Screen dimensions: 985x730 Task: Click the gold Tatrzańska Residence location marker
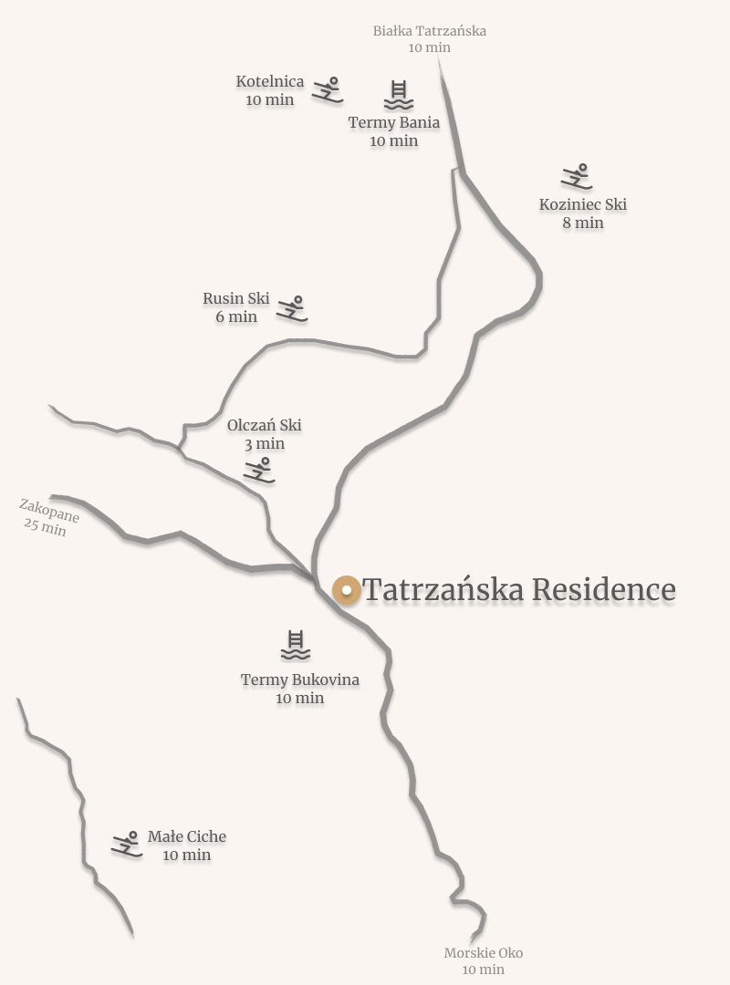(x=347, y=590)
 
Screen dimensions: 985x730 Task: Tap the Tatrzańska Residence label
(x=518, y=590)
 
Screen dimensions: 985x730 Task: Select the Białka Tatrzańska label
(x=429, y=31)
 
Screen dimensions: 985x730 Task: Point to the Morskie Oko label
(x=483, y=953)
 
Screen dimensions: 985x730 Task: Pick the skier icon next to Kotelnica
(x=328, y=89)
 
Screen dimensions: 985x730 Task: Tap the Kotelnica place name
(x=270, y=82)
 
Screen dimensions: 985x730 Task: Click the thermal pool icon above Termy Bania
(x=398, y=95)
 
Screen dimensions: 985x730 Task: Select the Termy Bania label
(x=394, y=123)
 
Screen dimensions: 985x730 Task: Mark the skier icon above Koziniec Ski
(x=577, y=176)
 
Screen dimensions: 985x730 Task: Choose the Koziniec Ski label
(x=583, y=204)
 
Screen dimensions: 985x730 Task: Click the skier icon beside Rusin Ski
(x=292, y=308)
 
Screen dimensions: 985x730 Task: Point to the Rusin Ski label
(x=236, y=299)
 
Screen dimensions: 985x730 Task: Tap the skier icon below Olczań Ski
(x=259, y=470)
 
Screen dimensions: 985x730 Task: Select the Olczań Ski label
(x=265, y=425)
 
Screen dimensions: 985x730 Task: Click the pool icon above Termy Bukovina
(x=296, y=645)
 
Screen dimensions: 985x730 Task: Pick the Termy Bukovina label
(x=300, y=679)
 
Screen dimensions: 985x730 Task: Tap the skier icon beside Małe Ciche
(x=127, y=845)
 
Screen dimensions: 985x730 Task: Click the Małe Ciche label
(x=187, y=836)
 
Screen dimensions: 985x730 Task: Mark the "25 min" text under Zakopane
(x=45, y=527)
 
